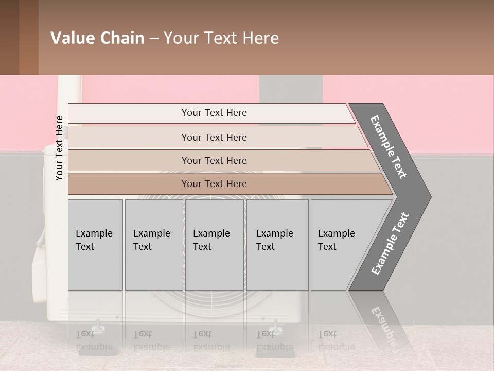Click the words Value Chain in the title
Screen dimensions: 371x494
click(97, 38)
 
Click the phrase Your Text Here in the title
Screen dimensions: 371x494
click(221, 38)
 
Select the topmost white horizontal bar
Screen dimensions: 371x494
click(211, 113)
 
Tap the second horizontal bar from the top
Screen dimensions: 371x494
click(214, 137)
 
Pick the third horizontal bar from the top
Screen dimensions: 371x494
click(214, 160)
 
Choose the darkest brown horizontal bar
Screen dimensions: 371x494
click(214, 184)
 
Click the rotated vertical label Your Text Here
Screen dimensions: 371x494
click(59, 148)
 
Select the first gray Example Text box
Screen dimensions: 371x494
click(95, 245)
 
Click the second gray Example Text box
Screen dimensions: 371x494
click(153, 245)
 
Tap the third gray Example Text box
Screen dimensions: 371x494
click(214, 245)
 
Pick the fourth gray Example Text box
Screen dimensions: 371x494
click(277, 245)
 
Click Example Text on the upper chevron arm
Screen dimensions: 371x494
click(389, 147)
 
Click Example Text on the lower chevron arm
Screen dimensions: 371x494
click(390, 244)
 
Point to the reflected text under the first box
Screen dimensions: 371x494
click(94, 340)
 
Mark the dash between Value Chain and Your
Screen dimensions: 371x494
click(154, 39)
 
